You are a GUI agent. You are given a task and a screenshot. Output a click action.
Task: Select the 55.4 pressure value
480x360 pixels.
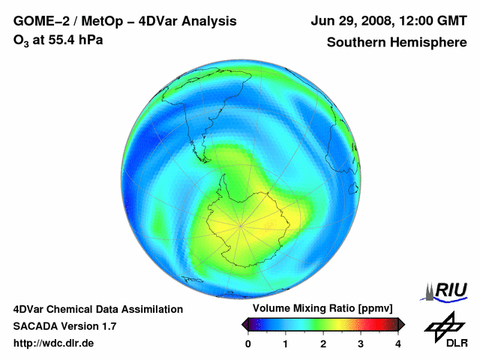point(64,40)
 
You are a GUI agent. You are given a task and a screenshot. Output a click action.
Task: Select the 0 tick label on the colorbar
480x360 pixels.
point(248,343)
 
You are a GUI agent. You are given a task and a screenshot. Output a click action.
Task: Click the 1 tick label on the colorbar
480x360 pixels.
point(286,343)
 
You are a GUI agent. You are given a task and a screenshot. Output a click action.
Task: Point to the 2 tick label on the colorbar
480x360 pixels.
point(323,343)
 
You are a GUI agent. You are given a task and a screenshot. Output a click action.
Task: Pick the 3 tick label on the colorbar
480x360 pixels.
point(361,343)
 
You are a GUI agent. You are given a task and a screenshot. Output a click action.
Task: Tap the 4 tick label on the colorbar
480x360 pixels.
point(398,343)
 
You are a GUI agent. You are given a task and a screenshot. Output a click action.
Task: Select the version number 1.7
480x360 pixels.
point(107,326)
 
